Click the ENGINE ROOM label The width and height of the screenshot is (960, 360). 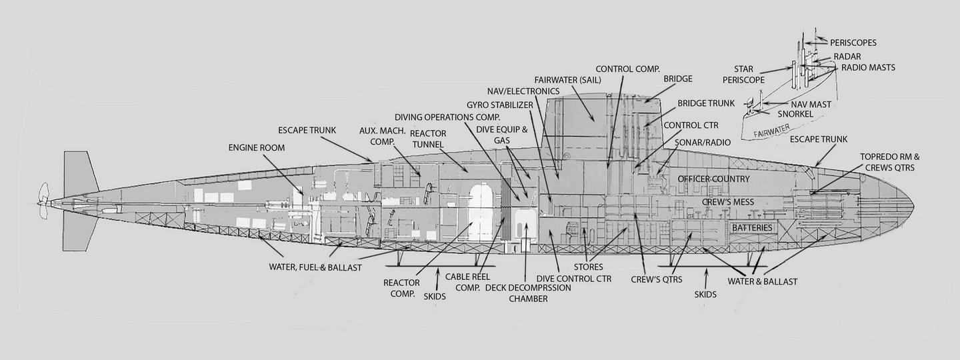pyautogui.click(x=256, y=148)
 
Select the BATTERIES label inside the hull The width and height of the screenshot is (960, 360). pyautogui.click(x=752, y=228)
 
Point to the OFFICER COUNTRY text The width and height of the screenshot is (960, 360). pyautogui.click(x=713, y=179)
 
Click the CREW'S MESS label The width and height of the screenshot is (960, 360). pyautogui.click(x=728, y=202)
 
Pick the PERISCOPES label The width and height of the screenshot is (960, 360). pyautogui.click(x=853, y=43)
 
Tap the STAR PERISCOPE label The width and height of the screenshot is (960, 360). pyautogui.click(x=743, y=75)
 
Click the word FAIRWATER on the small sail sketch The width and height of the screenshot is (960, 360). pyautogui.click(x=771, y=130)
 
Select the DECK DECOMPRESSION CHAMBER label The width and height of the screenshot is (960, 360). pyautogui.click(x=528, y=293)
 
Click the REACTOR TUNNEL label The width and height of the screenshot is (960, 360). pyautogui.click(x=428, y=139)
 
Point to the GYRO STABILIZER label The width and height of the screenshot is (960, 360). pyautogui.click(x=500, y=105)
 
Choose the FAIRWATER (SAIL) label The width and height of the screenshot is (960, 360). pyautogui.click(x=567, y=80)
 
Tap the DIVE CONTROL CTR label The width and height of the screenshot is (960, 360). pyautogui.click(x=574, y=279)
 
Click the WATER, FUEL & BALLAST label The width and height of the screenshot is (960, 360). pyautogui.click(x=315, y=267)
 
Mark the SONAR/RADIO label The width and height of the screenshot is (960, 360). pyautogui.click(x=703, y=142)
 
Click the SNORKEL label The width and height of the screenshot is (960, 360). pyautogui.click(x=795, y=114)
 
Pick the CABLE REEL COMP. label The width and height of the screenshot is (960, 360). pyautogui.click(x=467, y=283)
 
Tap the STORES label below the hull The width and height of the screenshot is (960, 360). pyautogui.click(x=588, y=267)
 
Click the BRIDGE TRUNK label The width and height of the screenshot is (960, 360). pyautogui.click(x=706, y=103)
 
